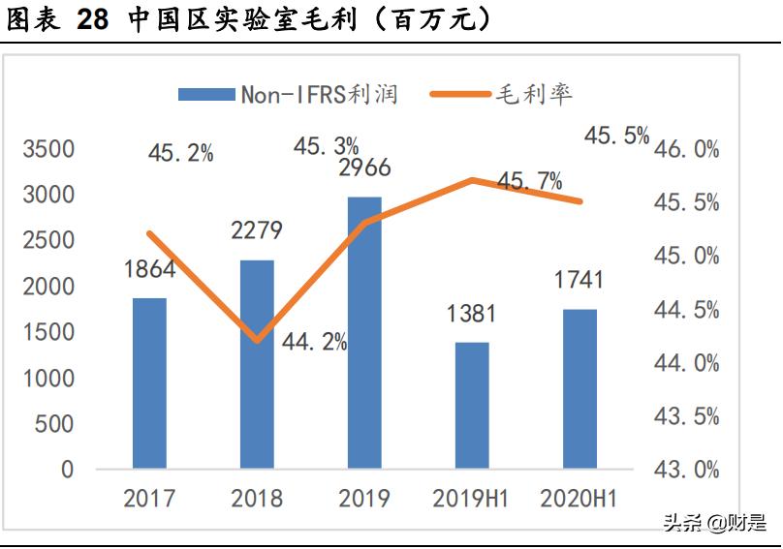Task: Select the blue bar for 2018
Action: click(x=257, y=364)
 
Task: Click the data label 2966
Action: click(x=364, y=168)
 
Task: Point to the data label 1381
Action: click(x=471, y=314)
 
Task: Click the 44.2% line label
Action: click(x=315, y=341)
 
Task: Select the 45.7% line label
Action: click(x=529, y=181)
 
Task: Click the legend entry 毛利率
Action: click(x=534, y=94)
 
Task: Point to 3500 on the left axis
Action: click(x=47, y=150)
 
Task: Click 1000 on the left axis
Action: click(x=47, y=379)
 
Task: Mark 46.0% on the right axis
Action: click(x=687, y=150)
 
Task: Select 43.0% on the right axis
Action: click(x=687, y=470)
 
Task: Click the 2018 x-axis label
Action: click(x=257, y=499)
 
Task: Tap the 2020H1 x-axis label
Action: click(x=579, y=499)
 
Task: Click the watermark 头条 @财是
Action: click(x=713, y=524)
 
